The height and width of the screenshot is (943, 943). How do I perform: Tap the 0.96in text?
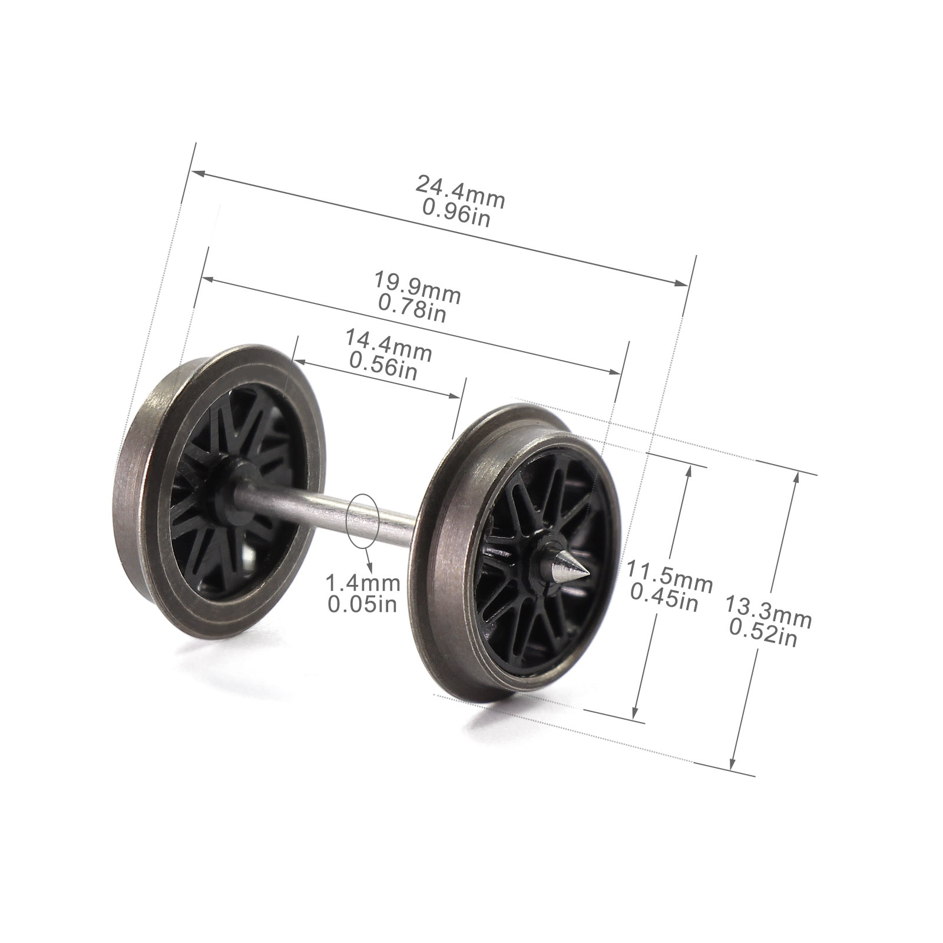click(456, 213)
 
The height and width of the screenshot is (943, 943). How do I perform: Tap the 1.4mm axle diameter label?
click(363, 584)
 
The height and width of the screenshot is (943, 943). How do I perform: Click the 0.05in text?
click(362, 604)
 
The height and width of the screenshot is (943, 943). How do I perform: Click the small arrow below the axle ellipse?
click(370, 566)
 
